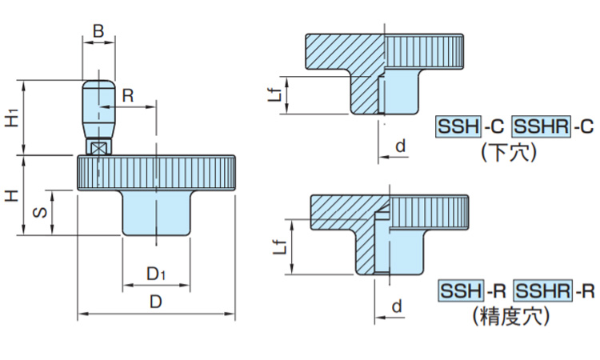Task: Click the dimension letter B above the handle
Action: (x=98, y=31)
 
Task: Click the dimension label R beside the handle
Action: (x=127, y=94)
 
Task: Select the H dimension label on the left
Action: (x=12, y=195)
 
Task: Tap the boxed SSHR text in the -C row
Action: (x=540, y=126)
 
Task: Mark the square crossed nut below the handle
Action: (x=98, y=148)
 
